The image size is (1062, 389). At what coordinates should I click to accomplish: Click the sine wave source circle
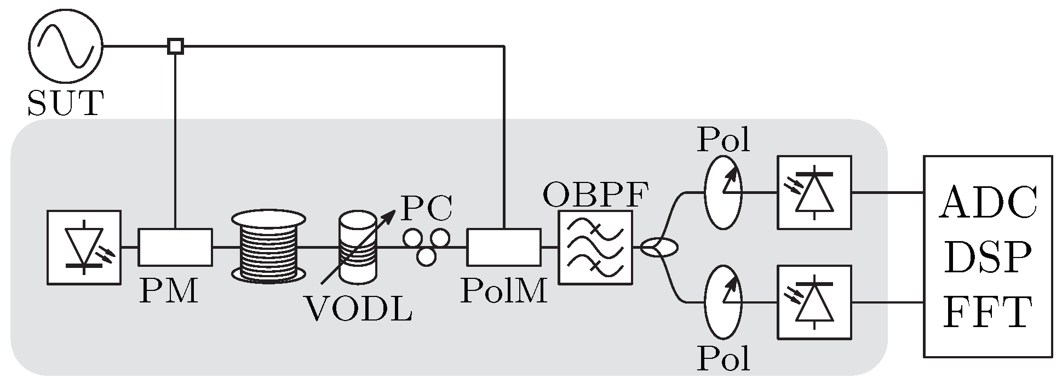click(65, 47)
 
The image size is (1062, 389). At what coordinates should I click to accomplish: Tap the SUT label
click(65, 104)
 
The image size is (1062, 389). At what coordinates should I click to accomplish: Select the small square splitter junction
click(175, 47)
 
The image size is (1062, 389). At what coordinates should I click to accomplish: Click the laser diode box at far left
click(84, 247)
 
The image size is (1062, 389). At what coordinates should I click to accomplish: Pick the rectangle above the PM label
click(175, 247)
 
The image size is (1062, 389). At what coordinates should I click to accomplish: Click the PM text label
click(168, 291)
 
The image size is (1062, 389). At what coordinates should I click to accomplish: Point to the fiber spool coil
click(268, 244)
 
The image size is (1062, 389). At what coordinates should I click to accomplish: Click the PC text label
click(427, 208)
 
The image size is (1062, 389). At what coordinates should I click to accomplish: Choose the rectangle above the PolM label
click(503, 247)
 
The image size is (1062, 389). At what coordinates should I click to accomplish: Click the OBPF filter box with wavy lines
click(595, 247)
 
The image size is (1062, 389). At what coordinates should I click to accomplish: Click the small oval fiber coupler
click(659, 248)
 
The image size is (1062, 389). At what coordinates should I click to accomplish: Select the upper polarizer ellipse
click(723, 192)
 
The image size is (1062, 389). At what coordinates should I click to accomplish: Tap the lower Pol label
click(723, 359)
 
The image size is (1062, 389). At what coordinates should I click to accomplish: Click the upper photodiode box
click(814, 192)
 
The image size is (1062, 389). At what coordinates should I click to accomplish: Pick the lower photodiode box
click(814, 302)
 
